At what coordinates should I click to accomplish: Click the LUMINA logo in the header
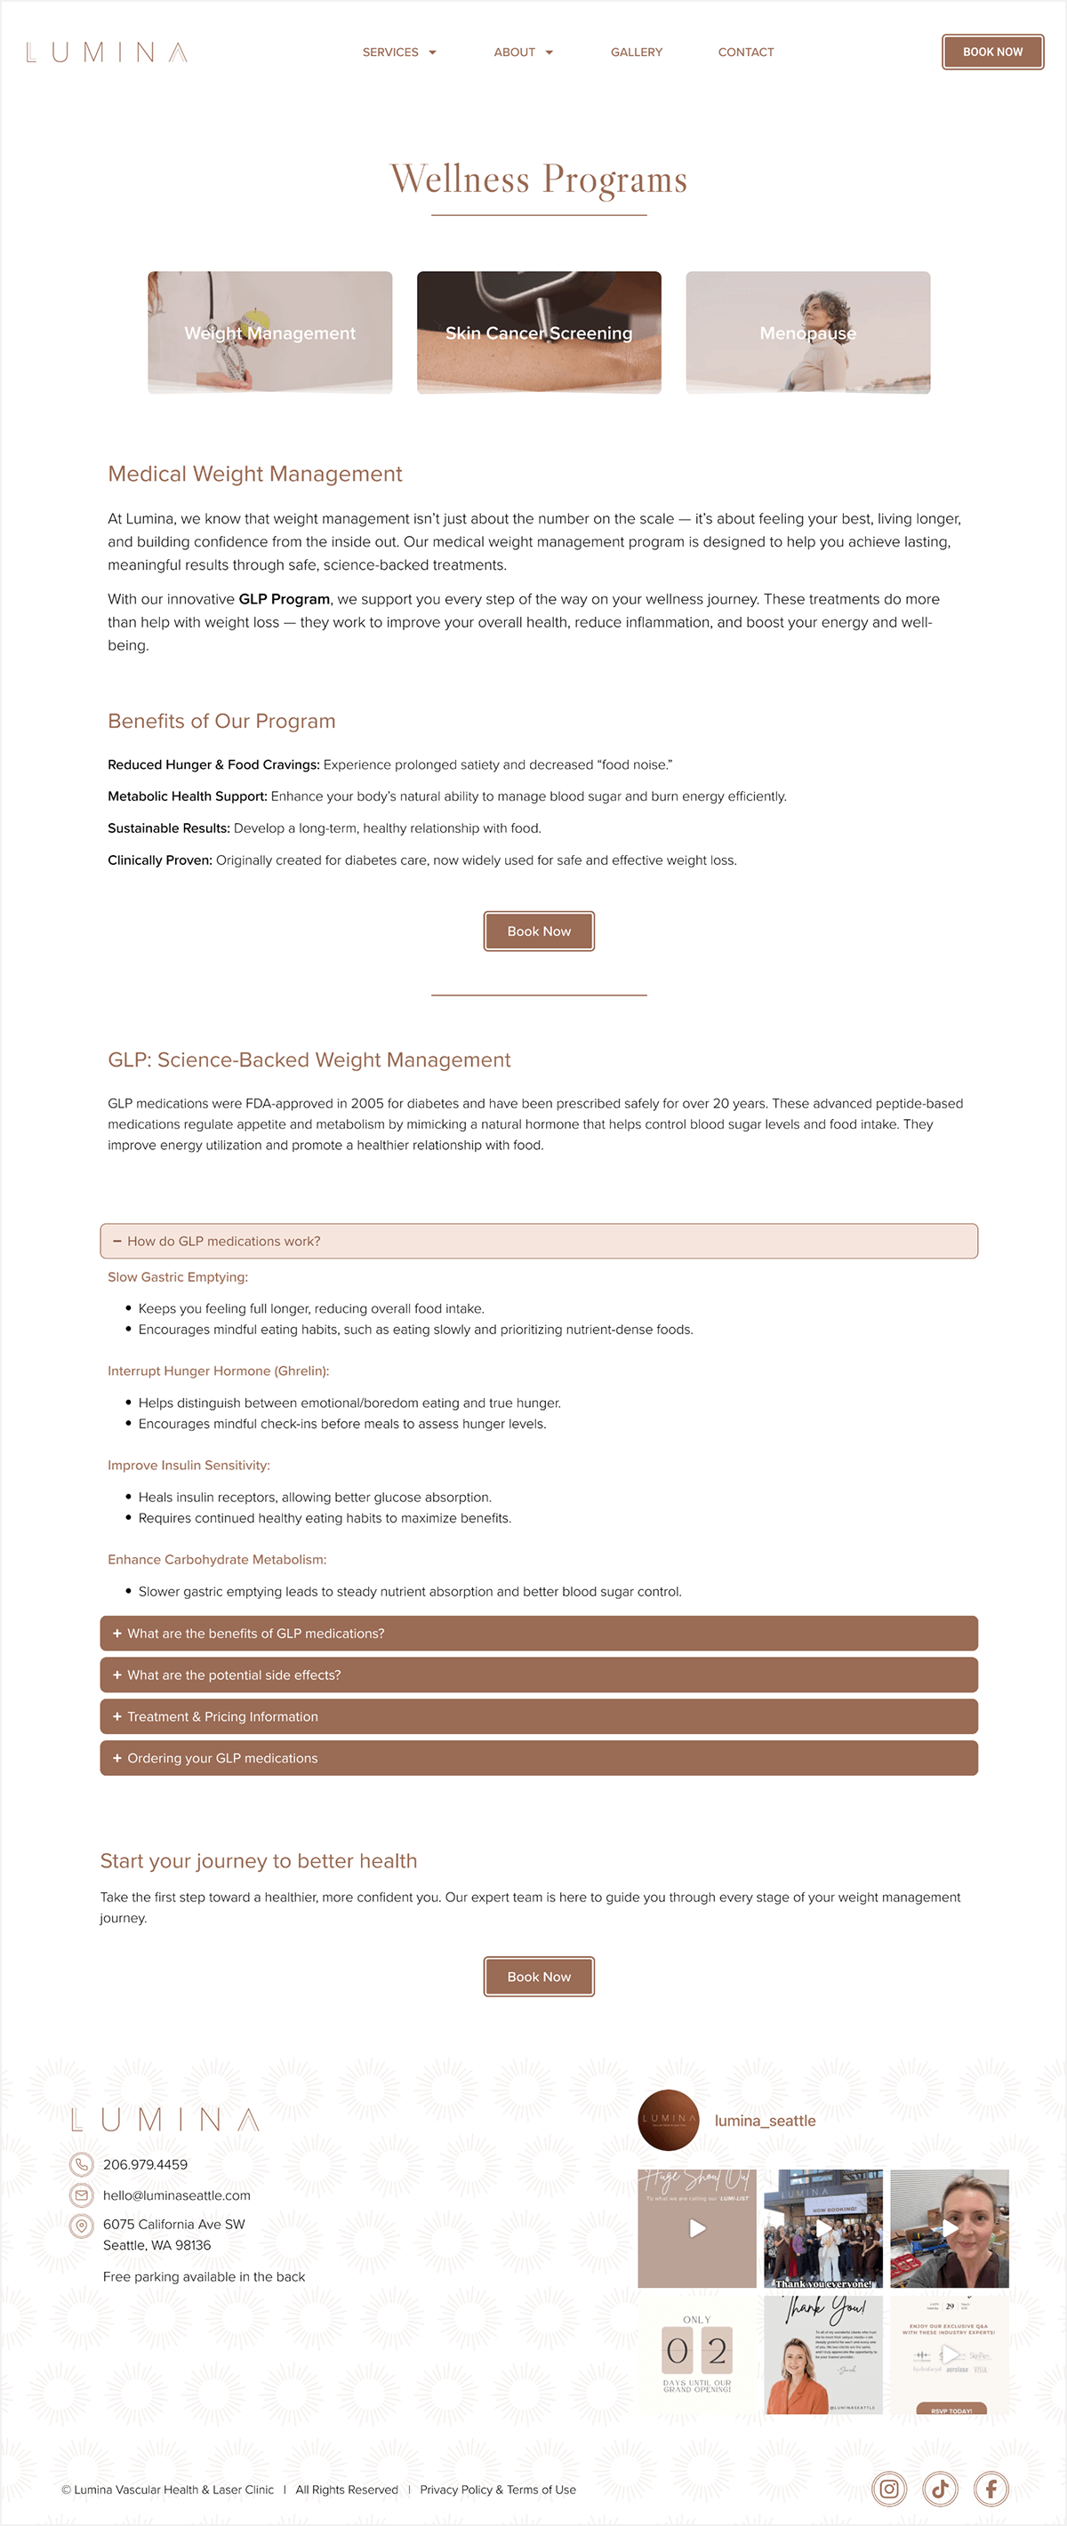click(x=106, y=52)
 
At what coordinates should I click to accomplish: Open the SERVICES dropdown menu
click(x=398, y=52)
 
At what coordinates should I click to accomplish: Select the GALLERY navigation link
click(x=637, y=52)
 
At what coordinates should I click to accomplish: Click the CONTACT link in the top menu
click(x=745, y=52)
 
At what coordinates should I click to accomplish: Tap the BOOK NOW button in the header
click(x=991, y=52)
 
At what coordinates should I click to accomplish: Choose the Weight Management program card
click(x=269, y=332)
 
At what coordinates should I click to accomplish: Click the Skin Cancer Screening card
click(x=539, y=332)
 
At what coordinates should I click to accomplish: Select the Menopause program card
click(x=807, y=332)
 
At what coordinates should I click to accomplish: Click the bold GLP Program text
click(x=284, y=599)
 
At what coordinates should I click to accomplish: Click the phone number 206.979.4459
click(x=145, y=2164)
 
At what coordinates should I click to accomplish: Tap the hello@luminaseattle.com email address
click(x=177, y=2195)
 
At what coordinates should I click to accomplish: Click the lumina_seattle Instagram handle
click(x=765, y=2120)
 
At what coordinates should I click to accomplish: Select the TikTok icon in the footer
click(x=940, y=2488)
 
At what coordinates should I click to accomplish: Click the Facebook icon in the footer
click(x=991, y=2488)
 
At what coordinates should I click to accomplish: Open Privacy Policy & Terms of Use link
click(x=497, y=2490)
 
